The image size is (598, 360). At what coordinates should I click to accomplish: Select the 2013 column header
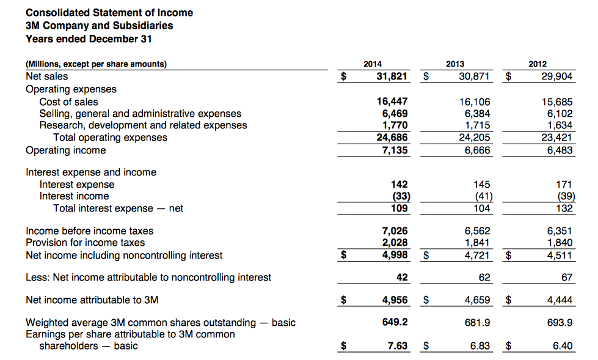click(455, 64)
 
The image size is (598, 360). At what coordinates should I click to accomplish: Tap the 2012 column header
click(538, 64)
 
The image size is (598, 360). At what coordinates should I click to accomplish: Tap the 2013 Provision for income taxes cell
click(477, 243)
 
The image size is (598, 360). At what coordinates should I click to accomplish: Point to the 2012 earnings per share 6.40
click(562, 346)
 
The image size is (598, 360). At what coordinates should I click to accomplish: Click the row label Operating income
click(65, 150)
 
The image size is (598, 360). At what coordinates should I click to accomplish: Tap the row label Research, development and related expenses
click(143, 125)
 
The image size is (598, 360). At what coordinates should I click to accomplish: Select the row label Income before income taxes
click(89, 231)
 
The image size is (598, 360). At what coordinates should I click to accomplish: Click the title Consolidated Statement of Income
click(109, 12)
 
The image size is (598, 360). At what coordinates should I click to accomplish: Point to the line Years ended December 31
click(89, 39)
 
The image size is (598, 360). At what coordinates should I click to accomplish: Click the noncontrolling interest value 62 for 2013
click(484, 277)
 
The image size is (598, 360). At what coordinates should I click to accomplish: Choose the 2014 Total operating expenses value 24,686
click(391, 138)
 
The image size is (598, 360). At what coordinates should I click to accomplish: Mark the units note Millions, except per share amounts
click(96, 64)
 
